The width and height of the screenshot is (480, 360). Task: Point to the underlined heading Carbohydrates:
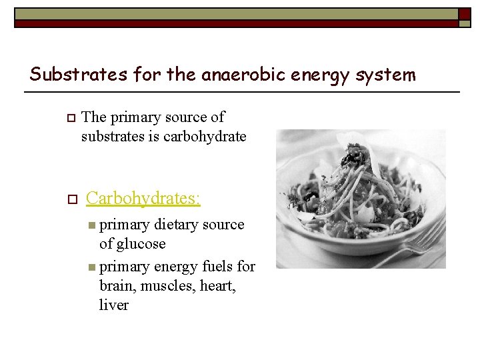[143, 198]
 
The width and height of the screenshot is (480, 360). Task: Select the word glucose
[139, 244]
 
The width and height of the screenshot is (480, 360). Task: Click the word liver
[113, 305]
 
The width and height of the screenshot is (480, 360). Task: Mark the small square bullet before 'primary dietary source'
[91, 225]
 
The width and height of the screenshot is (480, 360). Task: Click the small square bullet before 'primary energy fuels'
[91, 267]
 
